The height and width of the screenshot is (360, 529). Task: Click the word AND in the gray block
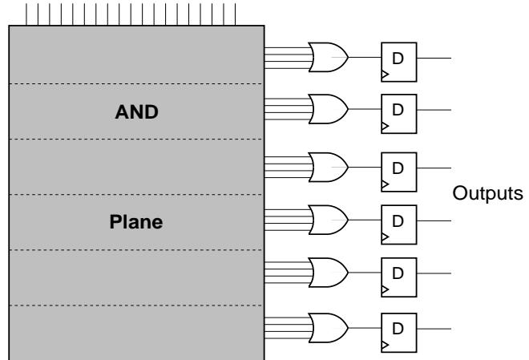pyautogui.click(x=135, y=113)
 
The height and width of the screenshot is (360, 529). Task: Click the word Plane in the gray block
pyautogui.click(x=135, y=223)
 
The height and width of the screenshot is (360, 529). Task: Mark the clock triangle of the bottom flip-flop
pyautogui.click(x=386, y=343)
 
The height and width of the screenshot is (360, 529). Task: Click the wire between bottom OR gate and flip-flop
pyautogui.click(x=365, y=326)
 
